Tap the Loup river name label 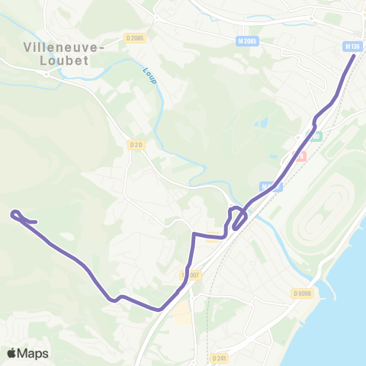pyautogui.click(x=149, y=76)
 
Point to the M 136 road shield pyautogui.click(x=352, y=46)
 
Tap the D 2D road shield pyautogui.click(x=136, y=144)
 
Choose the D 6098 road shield pyautogui.click(x=301, y=293)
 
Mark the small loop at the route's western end pyautogui.click(x=20, y=217)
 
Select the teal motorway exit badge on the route pyautogui.click(x=315, y=136)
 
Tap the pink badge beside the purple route pyautogui.click(x=300, y=156)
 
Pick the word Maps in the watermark pyautogui.click(x=33, y=353)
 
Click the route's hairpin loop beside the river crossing pyautogui.click(x=238, y=216)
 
